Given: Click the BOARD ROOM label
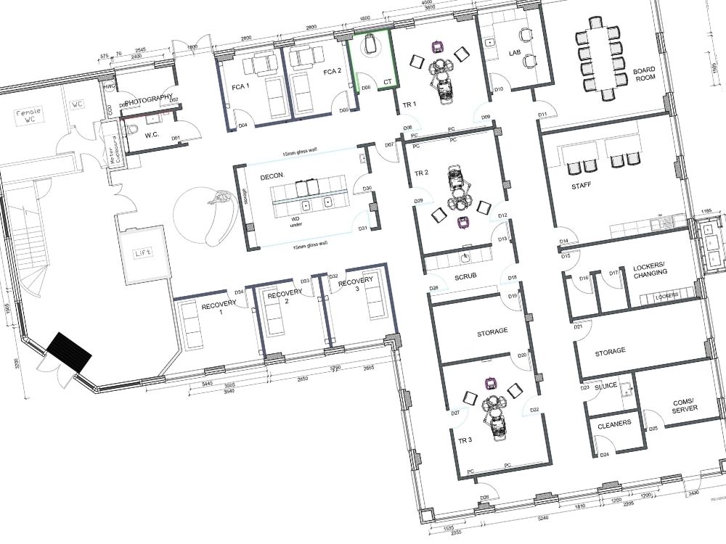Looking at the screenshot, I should (645, 75).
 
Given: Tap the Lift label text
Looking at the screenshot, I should (141, 254).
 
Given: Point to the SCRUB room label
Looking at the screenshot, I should (465, 278).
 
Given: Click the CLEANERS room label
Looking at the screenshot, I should (613, 423).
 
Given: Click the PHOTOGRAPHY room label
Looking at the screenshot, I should (148, 98).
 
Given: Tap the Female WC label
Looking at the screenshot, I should (31, 115).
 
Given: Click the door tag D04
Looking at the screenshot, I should (243, 125).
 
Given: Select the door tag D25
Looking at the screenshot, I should (653, 429).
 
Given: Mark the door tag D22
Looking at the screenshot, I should (534, 411).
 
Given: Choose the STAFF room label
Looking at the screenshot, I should (581, 186).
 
